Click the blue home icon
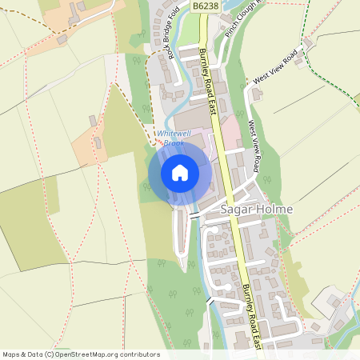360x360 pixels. click(180, 172)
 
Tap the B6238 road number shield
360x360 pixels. click(206, 6)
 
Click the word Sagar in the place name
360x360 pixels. click(237, 210)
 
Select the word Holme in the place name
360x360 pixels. click(274, 210)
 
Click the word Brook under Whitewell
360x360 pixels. click(174, 142)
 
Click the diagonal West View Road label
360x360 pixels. click(274, 66)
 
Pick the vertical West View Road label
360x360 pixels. click(254, 146)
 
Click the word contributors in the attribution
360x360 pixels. click(139, 354)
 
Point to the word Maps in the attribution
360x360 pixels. click(12, 354)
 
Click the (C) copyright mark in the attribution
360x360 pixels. click(50, 354)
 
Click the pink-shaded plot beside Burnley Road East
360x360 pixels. click(230, 133)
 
